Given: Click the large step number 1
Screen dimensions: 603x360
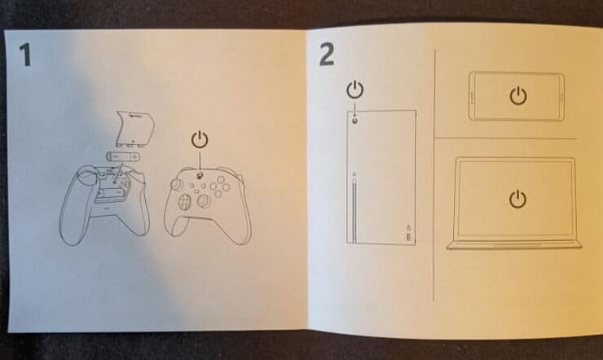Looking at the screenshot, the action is pyautogui.click(x=25, y=55).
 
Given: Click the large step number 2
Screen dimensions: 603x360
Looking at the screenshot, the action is pyautogui.click(x=327, y=55).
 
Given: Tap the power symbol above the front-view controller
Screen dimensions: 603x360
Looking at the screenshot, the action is pyautogui.click(x=200, y=139).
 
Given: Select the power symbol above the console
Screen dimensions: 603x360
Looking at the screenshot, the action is pyautogui.click(x=354, y=90).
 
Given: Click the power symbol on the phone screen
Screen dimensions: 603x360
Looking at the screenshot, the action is pyautogui.click(x=518, y=95).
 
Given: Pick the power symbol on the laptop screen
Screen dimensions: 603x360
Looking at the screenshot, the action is pyautogui.click(x=517, y=199).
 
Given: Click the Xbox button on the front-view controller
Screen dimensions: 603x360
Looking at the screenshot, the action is pyautogui.click(x=200, y=176).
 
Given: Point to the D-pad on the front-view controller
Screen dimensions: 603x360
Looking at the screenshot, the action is pyautogui.click(x=185, y=202).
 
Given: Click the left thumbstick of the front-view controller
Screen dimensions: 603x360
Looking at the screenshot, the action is pyautogui.click(x=178, y=184).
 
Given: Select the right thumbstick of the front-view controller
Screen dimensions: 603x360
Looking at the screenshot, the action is pyautogui.click(x=204, y=200).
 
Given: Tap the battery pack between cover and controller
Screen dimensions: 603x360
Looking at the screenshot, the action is pyautogui.click(x=123, y=156).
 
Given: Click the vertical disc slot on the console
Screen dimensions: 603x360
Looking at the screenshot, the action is pyautogui.click(x=354, y=209).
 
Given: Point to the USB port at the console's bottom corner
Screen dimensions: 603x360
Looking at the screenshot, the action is pyautogui.click(x=408, y=237).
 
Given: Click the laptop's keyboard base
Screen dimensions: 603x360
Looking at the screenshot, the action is pyautogui.click(x=514, y=245).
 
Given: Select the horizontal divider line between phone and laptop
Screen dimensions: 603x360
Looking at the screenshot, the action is pyautogui.click(x=506, y=138).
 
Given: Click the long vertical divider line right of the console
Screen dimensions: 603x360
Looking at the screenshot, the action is pyautogui.click(x=434, y=175).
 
